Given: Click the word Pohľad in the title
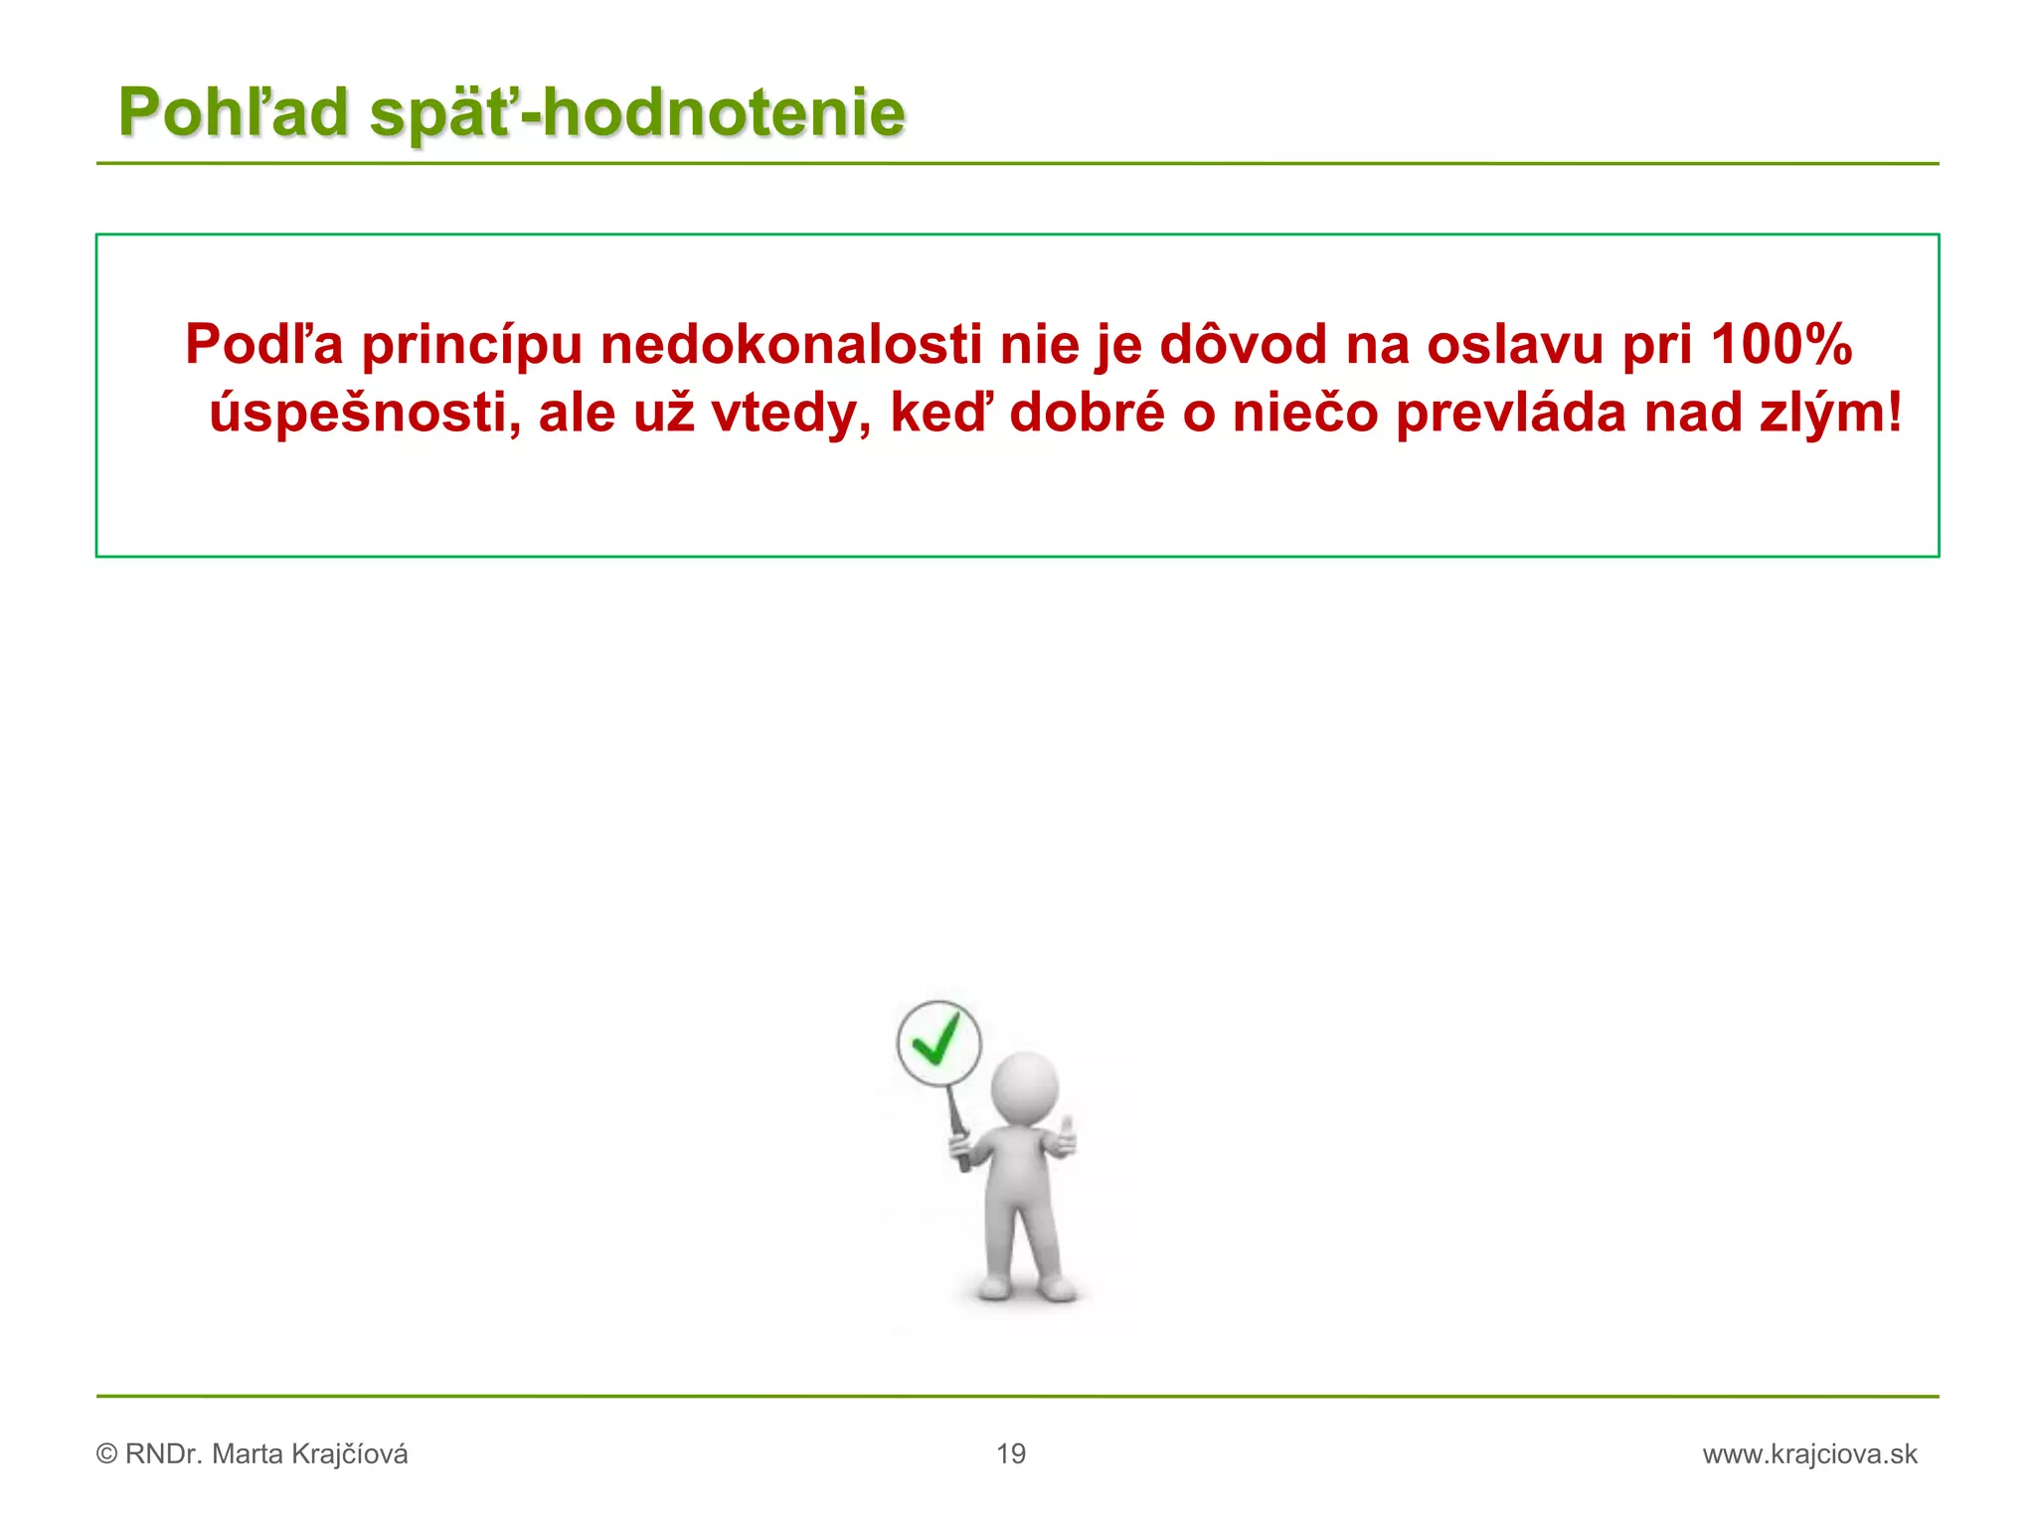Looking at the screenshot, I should (234, 112).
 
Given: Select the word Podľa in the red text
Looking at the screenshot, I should (263, 345).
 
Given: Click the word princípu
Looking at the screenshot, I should (471, 345).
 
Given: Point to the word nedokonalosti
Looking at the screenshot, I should (790, 345).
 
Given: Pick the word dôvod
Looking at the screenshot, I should (1243, 345).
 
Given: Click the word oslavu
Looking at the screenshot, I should (1515, 345).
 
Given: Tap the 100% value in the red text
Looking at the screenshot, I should (1781, 345).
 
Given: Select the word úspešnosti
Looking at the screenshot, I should (365, 413).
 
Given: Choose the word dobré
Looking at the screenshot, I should (1087, 413).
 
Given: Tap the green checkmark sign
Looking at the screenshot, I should (937, 1043).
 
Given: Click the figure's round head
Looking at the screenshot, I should (1025, 1087).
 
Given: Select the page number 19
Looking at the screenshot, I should (1011, 1454).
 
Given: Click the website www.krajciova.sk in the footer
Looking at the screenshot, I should (1809, 1454).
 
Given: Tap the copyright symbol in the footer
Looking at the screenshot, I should (106, 1454).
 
